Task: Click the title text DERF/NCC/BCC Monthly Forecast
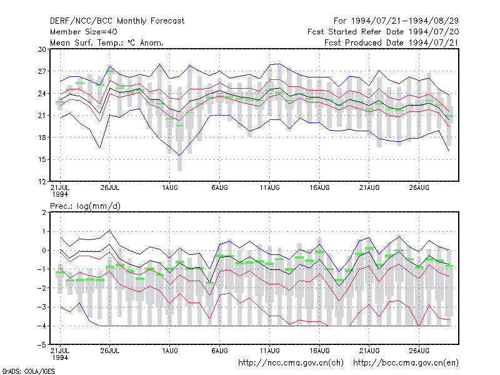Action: (117, 21)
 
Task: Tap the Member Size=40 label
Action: (84, 32)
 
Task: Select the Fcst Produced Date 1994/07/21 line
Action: (392, 42)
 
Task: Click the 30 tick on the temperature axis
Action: (42, 49)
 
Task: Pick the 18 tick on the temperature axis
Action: (42, 137)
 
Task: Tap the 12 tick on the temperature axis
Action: (42, 182)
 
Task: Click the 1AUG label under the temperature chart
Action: (169, 188)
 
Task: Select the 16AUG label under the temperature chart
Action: (319, 188)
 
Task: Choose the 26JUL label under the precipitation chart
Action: (110, 351)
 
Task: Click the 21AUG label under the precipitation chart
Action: (369, 351)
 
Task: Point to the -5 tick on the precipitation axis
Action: (41, 345)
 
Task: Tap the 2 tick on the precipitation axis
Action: (44, 212)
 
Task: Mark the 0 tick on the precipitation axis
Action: (44, 251)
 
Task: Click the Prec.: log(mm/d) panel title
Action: (85, 206)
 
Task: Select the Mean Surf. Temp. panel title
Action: (106, 42)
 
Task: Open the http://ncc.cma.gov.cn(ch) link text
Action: (291, 363)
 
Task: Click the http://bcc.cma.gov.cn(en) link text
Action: (406, 363)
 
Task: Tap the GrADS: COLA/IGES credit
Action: (28, 371)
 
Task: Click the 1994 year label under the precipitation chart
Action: (60, 357)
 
